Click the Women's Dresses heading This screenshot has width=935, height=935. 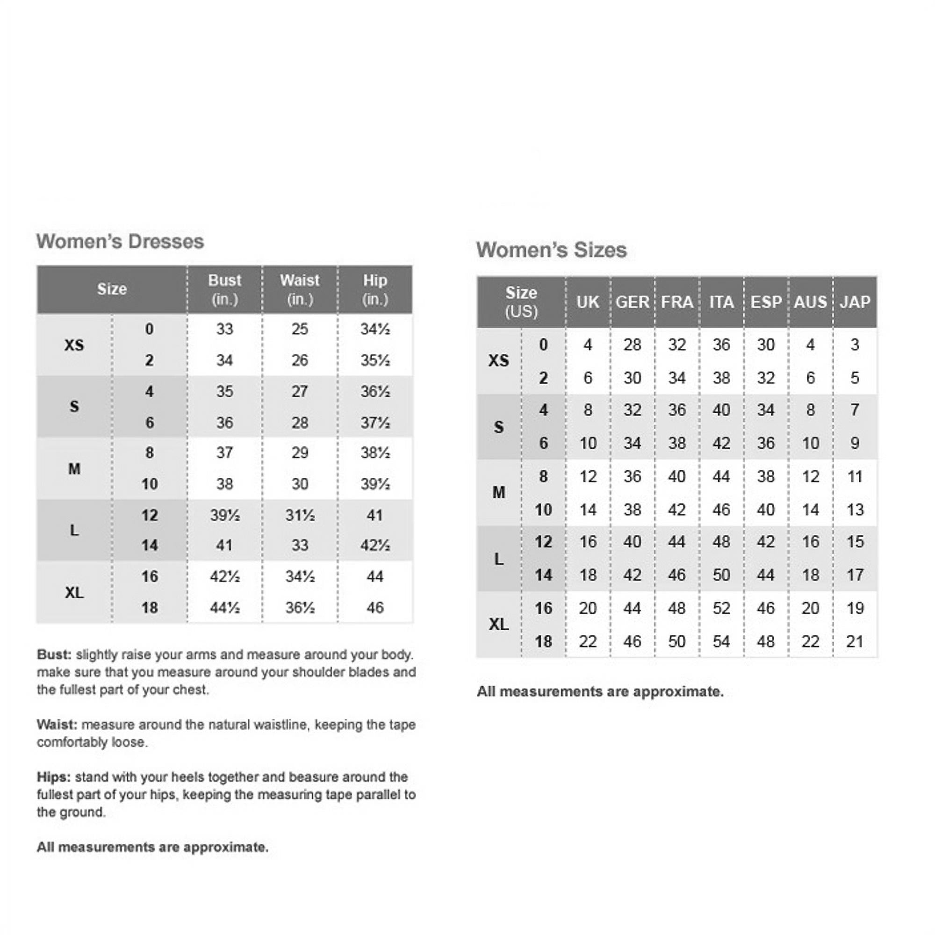pos(120,242)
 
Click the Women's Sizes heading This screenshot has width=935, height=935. pos(551,250)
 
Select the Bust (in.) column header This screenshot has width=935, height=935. pos(224,289)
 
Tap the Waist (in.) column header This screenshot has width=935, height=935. pos(300,289)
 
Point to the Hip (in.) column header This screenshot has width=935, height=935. pos(375,289)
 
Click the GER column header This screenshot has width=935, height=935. pos(632,302)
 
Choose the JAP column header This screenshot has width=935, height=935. pos(855,302)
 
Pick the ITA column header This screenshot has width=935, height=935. pos(721,302)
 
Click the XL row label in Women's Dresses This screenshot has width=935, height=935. pos(74,592)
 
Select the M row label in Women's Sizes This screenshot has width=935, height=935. pos(498,493)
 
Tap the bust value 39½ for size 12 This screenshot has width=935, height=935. pos(224,515)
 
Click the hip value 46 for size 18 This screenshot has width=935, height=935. pos(375,608)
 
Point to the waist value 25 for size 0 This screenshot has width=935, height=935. pos(300,329)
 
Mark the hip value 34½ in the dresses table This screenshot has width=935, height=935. pos(375,329)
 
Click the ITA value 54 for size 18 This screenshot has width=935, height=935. pos(721,642)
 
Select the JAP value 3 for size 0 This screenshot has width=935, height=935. pos(855,345)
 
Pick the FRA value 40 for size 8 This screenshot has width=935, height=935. pos(676,477)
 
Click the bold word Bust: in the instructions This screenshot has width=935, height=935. pos(54,655)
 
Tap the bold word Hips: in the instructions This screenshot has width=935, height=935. pos(54,777)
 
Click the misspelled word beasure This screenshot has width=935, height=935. pos(313,777)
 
